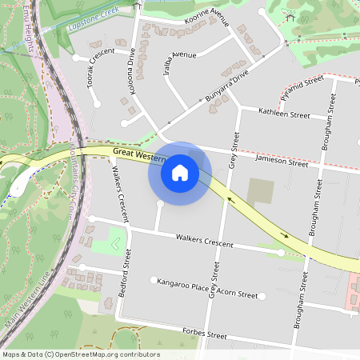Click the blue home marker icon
180,172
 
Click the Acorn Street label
238,295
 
